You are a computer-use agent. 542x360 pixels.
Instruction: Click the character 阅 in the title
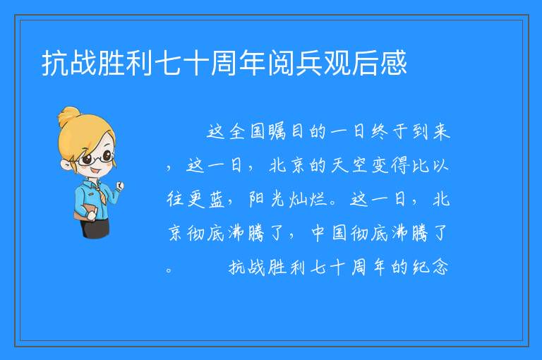click(x=281, y=63)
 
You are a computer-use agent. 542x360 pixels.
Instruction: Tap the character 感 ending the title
click(x=394, y=63)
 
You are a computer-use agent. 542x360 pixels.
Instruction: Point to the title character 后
click(x=366, y=63)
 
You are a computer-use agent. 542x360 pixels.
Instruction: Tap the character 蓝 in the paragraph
click(x=217, y=199)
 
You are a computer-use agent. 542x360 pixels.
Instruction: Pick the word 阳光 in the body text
click(x=267, y=199)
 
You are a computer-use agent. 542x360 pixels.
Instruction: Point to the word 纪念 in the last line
click(x=431, y=267)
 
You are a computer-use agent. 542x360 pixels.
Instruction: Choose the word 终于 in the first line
click(x=390, y=132)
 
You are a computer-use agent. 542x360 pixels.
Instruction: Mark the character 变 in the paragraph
click(x=380, y=165)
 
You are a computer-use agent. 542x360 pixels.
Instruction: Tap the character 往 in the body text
click(x=175, y=199)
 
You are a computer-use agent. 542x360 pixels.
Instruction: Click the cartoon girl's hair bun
click(x=69, y=115)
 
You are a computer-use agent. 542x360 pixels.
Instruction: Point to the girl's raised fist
click(x=120, y=186)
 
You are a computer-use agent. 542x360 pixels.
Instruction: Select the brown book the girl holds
click(x=84, y=212)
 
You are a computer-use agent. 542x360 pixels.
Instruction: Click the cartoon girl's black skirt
click(x=95, y=228)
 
